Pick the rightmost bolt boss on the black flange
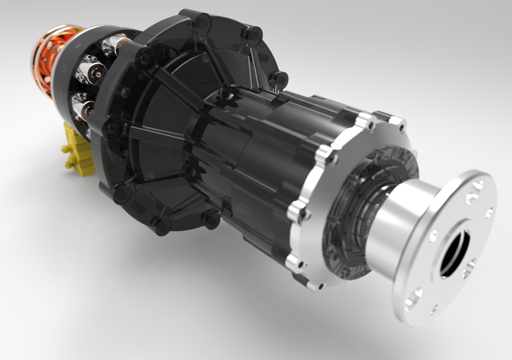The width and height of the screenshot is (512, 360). (279, 79)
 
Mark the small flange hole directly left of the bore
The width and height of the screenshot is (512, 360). (434, 234)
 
